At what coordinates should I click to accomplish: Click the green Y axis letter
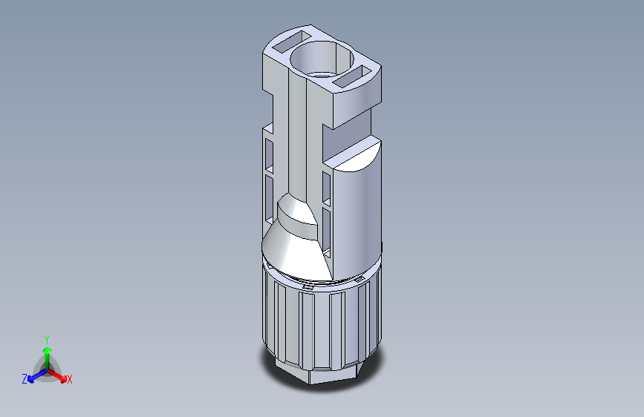pyautogui.click(x=47, y=338)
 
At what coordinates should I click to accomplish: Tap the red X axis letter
pyautogui.click(x=70, y=379)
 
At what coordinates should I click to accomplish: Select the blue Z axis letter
pyautogui.click(x=25, y=378)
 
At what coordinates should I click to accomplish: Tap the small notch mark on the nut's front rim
pyautogui.click(x=308, y=284)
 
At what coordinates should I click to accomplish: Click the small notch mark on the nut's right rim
pyautogui.click(x=359, y=279)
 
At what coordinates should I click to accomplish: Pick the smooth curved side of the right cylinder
pyautogui.click(x=357, y=215)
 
